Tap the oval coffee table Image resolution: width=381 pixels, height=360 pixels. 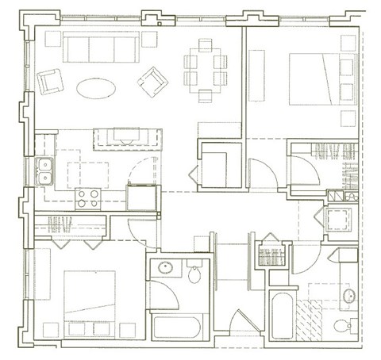click(x=94, y=87)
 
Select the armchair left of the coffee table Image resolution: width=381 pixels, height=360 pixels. click(x=51, y=80)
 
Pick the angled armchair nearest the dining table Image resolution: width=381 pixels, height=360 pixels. click(x=152, y=79)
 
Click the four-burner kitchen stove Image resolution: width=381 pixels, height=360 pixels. click(x=87, y=197)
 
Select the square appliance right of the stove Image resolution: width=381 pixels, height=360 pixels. click(x=143, y=197)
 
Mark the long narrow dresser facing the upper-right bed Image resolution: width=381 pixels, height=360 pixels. click(x=258, y=79)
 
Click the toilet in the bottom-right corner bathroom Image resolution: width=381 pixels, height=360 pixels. click(x=344, y=326)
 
